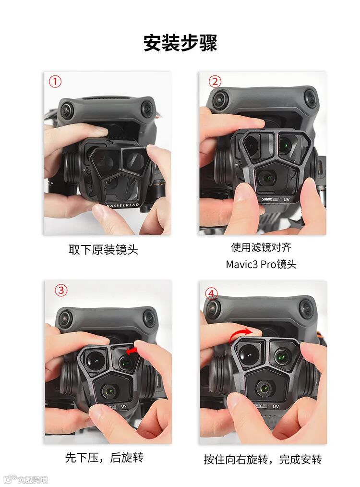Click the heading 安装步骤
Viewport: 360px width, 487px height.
(180, 43)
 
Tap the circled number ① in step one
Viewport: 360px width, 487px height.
(55, 81)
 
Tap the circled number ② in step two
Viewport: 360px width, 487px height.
(215, 81)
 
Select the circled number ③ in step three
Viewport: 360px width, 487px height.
(61, 290)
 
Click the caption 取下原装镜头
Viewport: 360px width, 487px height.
(103, 249)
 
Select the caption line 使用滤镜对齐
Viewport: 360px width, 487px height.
(261, 247)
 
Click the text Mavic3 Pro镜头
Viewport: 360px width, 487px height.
(261, 264)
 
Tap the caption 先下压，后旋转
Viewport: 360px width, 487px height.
(104, 458)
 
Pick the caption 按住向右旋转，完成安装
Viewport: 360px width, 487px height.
(263, 459)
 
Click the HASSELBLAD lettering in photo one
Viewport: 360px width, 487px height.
(123, 205)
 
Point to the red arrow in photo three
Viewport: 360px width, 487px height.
(132, 351)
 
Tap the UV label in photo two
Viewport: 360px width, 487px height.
(287, 199)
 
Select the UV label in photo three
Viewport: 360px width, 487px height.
(124, 406)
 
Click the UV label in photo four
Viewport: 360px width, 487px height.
(276, 406)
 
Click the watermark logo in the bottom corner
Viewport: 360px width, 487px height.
(25, 479)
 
